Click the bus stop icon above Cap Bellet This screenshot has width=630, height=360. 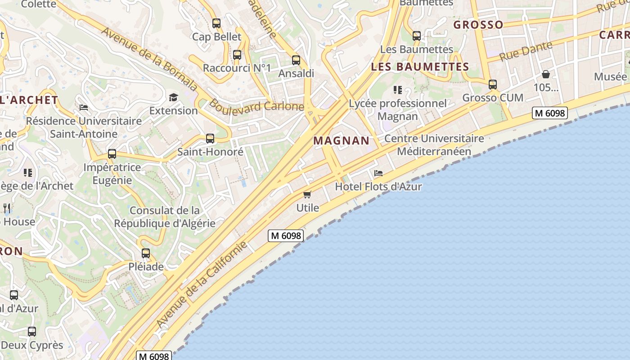216,23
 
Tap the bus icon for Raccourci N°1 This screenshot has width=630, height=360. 237,55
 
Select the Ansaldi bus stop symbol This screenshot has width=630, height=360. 296,60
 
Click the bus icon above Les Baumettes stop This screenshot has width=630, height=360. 417,36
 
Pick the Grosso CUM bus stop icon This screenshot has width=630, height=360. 493,84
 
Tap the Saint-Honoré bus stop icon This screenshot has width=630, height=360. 210,139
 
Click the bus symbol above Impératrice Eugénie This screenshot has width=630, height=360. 112,154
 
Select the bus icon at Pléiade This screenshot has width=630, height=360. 146,253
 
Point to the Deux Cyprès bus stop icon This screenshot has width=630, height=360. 32,332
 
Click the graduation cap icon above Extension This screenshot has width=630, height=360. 173,97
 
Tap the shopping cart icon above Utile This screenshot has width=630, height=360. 307,194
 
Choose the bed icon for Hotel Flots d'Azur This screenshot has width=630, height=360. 378,173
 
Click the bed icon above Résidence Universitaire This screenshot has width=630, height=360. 84,108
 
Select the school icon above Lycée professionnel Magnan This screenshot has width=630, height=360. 398,90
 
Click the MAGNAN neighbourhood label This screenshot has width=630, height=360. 342,140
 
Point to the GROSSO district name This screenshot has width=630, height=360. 478,24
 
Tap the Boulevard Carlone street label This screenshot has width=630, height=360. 256,106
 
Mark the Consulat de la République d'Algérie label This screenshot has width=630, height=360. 165,216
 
